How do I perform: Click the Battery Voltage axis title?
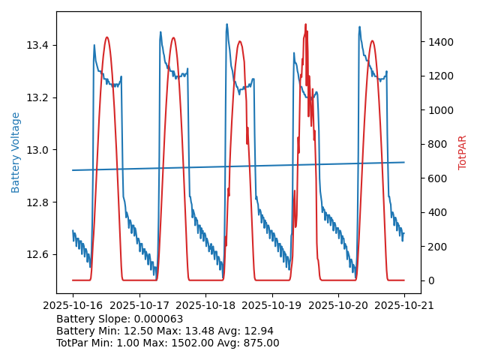tap(16, 152)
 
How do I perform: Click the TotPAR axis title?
tap(463, 152)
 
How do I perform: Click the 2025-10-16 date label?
tap(73, 305)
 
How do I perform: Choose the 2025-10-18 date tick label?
tap(205, 305)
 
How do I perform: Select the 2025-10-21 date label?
tap(404, 305)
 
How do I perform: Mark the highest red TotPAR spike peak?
tap(305, 24)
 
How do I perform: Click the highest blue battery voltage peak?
tap(226, 24)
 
